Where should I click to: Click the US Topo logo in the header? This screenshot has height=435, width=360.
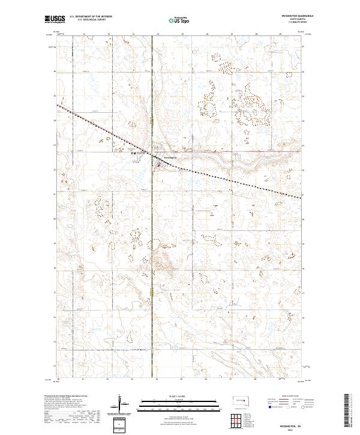(x=176, y=19)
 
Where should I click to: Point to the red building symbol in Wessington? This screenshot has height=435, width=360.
(x=158, y=165)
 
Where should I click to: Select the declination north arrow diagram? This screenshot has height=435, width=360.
(x=119, y=403)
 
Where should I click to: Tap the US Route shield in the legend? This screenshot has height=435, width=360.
(x=287, y=407)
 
